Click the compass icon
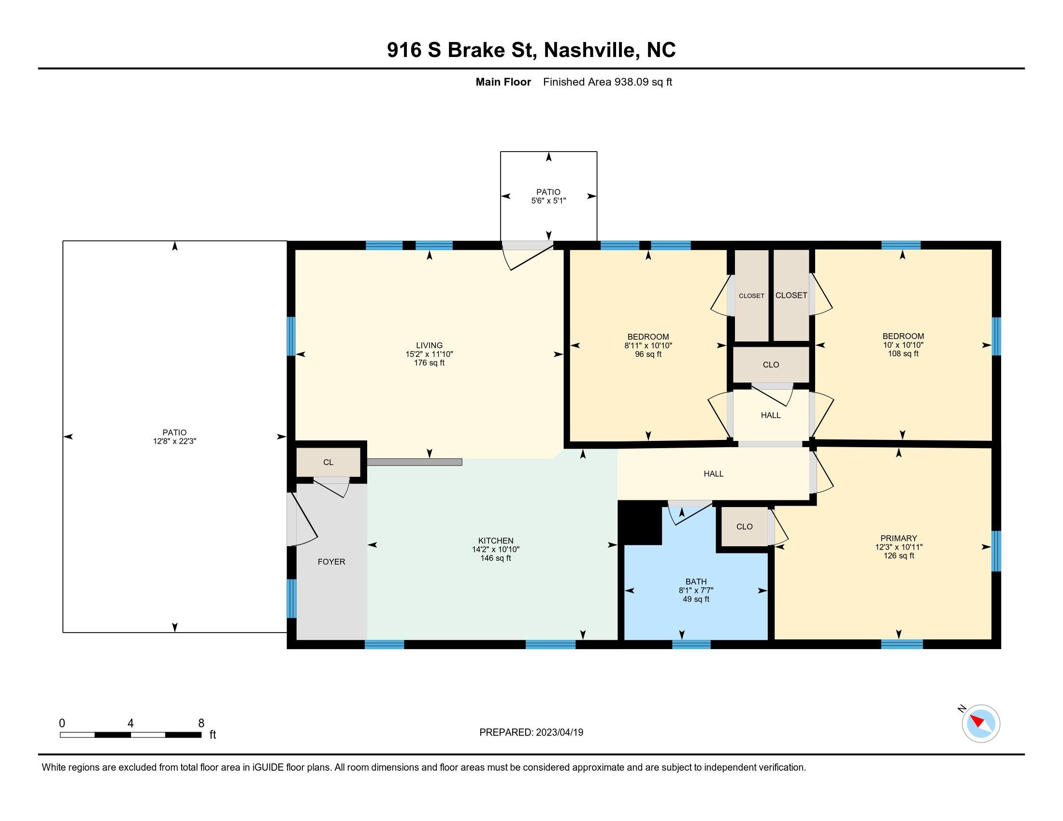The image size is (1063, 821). pos(981,723)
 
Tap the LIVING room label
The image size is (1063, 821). pos(429,345)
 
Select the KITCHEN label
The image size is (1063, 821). pos(495,540)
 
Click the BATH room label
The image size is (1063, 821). pos(696,581)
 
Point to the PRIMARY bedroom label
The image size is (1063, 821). pos(899,538)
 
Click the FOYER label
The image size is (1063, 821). pos(331,562)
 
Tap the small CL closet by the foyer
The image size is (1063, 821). pos(329,462)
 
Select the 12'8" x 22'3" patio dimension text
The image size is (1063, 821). pos(174,441)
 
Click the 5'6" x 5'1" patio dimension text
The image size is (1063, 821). pos(548,200)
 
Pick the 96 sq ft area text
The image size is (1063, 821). pos(648,354)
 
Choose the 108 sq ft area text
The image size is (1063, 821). pos(903,354)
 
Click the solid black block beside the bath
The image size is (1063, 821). pos(640,523)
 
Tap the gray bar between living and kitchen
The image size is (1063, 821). pos(415,462)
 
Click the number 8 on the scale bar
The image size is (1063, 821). pos(201,723)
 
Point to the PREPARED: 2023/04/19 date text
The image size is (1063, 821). pos(531,733)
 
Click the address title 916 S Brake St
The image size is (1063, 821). pos(460,50)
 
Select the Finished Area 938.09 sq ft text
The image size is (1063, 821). pos(607,82)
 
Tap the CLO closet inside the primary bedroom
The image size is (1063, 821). pos(744,526)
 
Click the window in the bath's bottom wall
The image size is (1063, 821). pos(691,644)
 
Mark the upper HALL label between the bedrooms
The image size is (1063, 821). pos(771,415)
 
